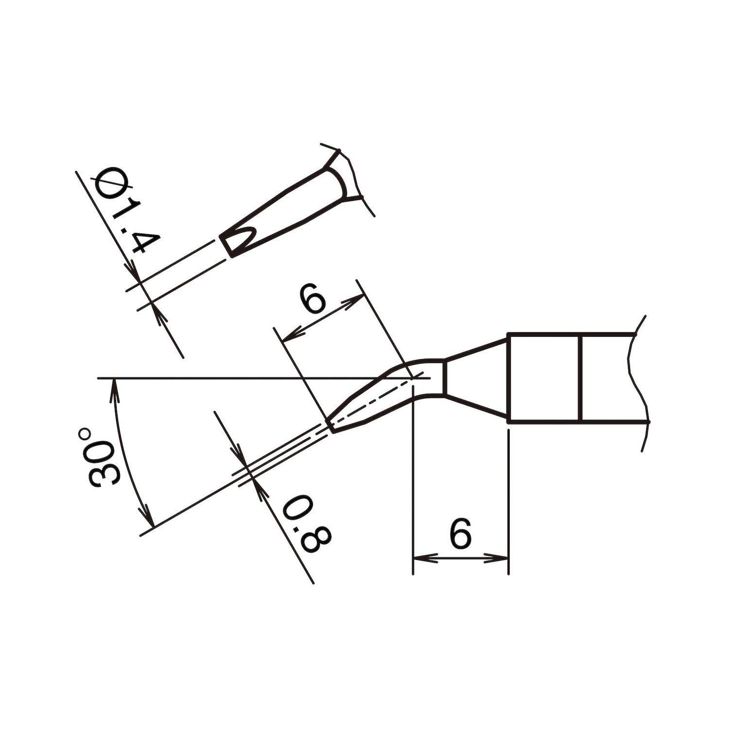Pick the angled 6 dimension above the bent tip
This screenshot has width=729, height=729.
312,298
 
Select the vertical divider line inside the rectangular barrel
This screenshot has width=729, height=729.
581,377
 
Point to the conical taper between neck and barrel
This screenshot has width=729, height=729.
476,377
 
